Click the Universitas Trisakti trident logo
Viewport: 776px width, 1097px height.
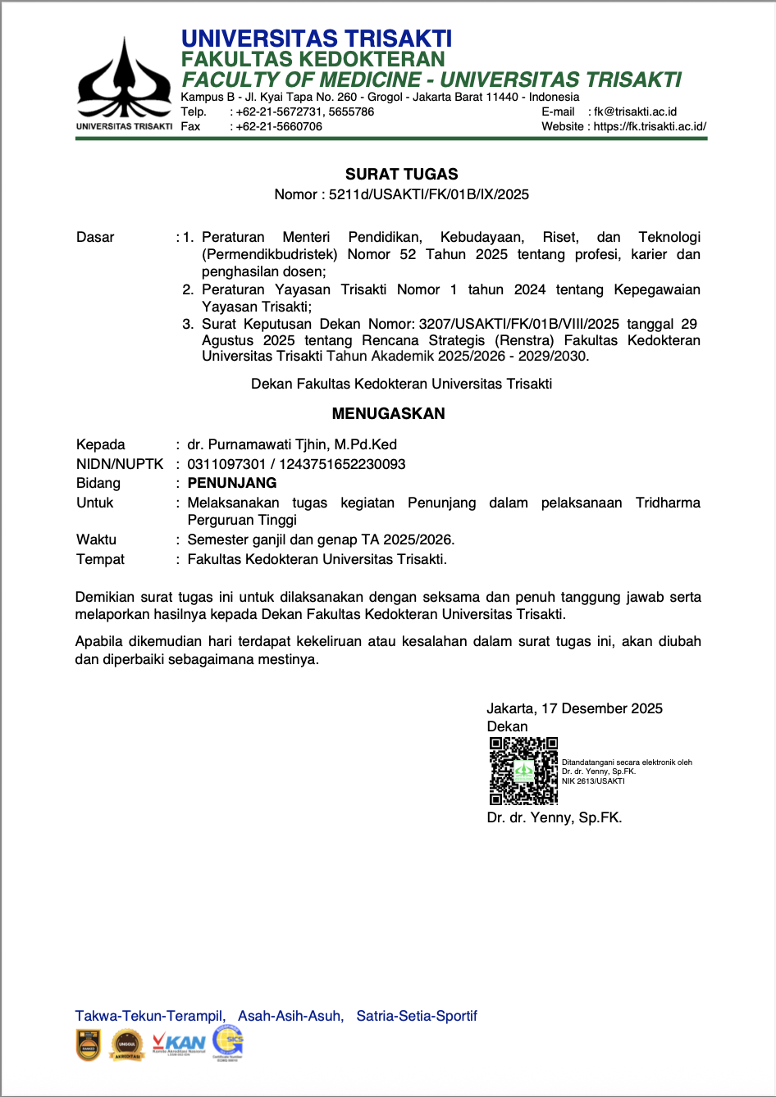pos(124,80)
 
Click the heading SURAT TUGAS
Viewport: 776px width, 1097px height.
pos(401,174)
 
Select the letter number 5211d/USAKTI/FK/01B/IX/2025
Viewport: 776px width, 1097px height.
pos(428,194)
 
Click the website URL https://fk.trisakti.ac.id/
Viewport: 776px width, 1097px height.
pos(650,126)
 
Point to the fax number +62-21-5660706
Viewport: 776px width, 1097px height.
pos(279,126)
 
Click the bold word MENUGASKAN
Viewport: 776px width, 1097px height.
pos(388,413)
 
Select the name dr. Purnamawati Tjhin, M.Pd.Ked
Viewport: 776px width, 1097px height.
pos(292,444)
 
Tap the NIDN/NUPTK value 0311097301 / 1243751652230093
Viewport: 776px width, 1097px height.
pos(296,464)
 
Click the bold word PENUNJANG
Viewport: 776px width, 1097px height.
pos(232,483)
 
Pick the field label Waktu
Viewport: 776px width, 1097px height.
pos(96,539)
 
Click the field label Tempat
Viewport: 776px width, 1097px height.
pos(100,559)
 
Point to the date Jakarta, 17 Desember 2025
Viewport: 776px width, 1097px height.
pos(574,708)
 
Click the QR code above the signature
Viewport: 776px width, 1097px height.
pos(523,771)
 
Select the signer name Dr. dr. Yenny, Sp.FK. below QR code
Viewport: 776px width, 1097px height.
pos(554,817)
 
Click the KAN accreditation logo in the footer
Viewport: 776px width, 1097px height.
pos(180,1045)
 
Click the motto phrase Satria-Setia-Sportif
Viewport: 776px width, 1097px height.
pos(416,1016)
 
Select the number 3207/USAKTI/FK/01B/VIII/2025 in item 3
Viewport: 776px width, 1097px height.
pos(518,324)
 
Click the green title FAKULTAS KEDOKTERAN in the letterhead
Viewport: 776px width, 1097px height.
pos(313,59)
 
